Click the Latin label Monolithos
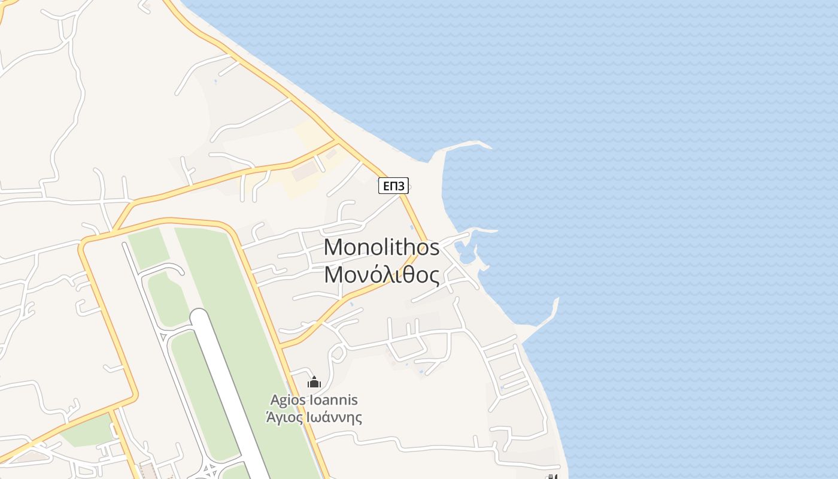click(x=381, y=247)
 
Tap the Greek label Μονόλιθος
click(x=381, y=275)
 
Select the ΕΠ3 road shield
click(x=393, y=186)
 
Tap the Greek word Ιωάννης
click(x=334, y=417)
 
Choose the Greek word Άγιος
click(x=284, y=417)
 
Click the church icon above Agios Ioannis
click(x=314, y=382)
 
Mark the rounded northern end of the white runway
click(x=198, y=316)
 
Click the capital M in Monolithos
click(x=333, y=247)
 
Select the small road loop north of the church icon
click(x=337, y=353)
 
